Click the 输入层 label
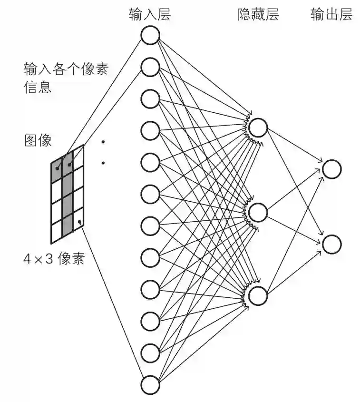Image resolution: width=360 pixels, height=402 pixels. (150, 15)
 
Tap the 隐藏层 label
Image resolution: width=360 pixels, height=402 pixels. (258, 15)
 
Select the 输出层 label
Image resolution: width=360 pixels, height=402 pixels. (331, 15)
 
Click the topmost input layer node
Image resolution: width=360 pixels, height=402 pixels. (150, 36)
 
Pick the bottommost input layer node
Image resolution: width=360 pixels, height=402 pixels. (150, 384)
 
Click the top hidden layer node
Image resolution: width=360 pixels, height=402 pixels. (258, 127)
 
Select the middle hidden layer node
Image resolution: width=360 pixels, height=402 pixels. (258, 212)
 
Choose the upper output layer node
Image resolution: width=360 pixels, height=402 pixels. (332, 169)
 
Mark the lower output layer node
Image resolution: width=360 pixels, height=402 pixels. (332, 244)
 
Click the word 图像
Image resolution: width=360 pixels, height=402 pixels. (38, 140)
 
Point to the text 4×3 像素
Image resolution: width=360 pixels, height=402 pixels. (54, 259)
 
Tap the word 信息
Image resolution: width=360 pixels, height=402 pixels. (38, 88)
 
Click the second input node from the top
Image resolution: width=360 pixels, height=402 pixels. (150, 68)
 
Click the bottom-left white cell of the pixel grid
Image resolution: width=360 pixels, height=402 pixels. (57, 233)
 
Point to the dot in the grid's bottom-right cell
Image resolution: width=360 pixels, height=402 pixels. (79, 222)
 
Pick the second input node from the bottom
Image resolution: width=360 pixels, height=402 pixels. (150, 353)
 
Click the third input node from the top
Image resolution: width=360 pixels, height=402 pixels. (150, 99)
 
